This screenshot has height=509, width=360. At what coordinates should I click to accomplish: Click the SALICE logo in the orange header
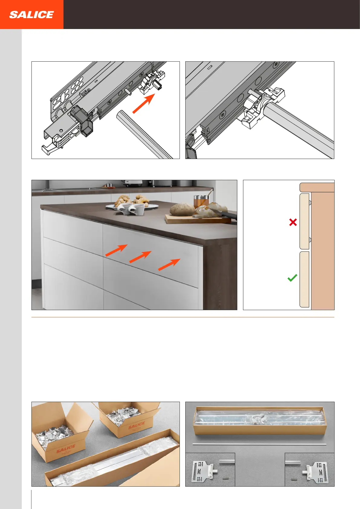(31, 15)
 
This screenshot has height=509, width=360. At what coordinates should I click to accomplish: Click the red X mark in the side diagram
(293, 222)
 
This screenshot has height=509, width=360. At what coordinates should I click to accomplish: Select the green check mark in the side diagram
(292, 278)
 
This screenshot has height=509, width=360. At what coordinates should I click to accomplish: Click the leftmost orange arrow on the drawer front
(116, 250)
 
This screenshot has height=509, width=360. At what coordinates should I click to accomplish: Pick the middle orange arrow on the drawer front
(140, 257)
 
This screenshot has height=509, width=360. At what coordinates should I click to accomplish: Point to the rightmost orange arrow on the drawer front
(169, 264)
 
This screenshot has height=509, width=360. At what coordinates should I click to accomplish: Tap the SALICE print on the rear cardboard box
(136, 425)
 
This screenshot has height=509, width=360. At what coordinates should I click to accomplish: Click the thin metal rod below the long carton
(259, 444)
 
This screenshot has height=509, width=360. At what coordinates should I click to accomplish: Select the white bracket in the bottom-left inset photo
(205, 471)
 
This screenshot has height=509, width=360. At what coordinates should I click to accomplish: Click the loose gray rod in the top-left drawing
(145, 134)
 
